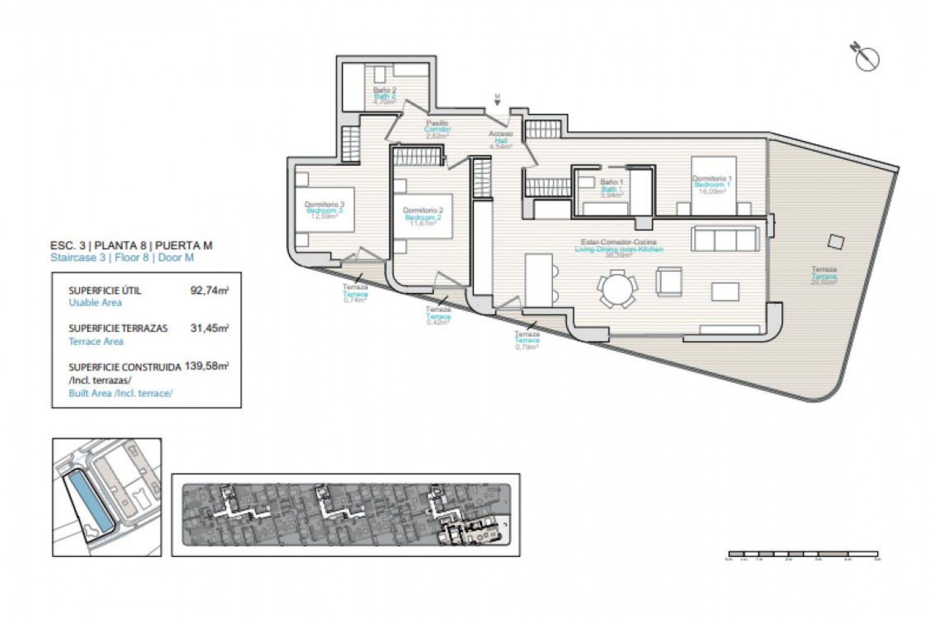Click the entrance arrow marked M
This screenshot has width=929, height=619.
click(x=497, y=100)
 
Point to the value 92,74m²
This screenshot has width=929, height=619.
click(x=209, y=291)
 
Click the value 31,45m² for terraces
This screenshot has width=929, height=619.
click(x=209, y=328)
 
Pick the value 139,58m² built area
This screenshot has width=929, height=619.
click(x=207, y=366)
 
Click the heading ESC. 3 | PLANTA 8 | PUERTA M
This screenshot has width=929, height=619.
click(x=131, y=246)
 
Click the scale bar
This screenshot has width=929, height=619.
click(x=803, y=554)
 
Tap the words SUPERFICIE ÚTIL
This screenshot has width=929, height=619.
click(x=105, y=291)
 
